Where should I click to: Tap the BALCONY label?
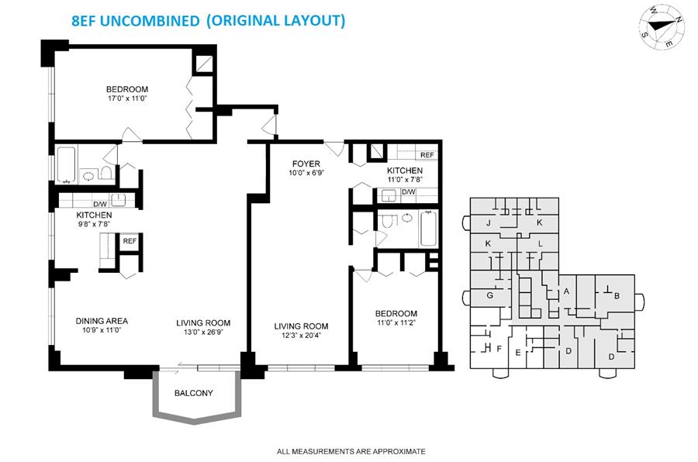pos(194,393)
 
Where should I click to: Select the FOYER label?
pos(306,164)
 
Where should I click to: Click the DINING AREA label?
pos(102,321)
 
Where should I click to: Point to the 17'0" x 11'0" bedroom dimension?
pos(127,98)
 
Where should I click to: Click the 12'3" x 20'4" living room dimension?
pos(302,336)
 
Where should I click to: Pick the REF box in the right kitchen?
pos(427,155)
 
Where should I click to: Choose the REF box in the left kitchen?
pos(130,241)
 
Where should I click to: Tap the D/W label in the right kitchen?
pos(409,191)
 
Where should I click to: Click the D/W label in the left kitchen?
pos(100,205)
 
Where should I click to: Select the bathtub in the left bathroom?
pos(67,164)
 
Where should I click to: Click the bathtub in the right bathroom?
pos(429,229)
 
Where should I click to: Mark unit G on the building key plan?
pos(489,295)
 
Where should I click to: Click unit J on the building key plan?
pos(489,223)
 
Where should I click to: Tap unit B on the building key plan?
pos(617,295)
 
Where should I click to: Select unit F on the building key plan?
pos(499,349)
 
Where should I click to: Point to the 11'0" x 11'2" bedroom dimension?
pos(396,322)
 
